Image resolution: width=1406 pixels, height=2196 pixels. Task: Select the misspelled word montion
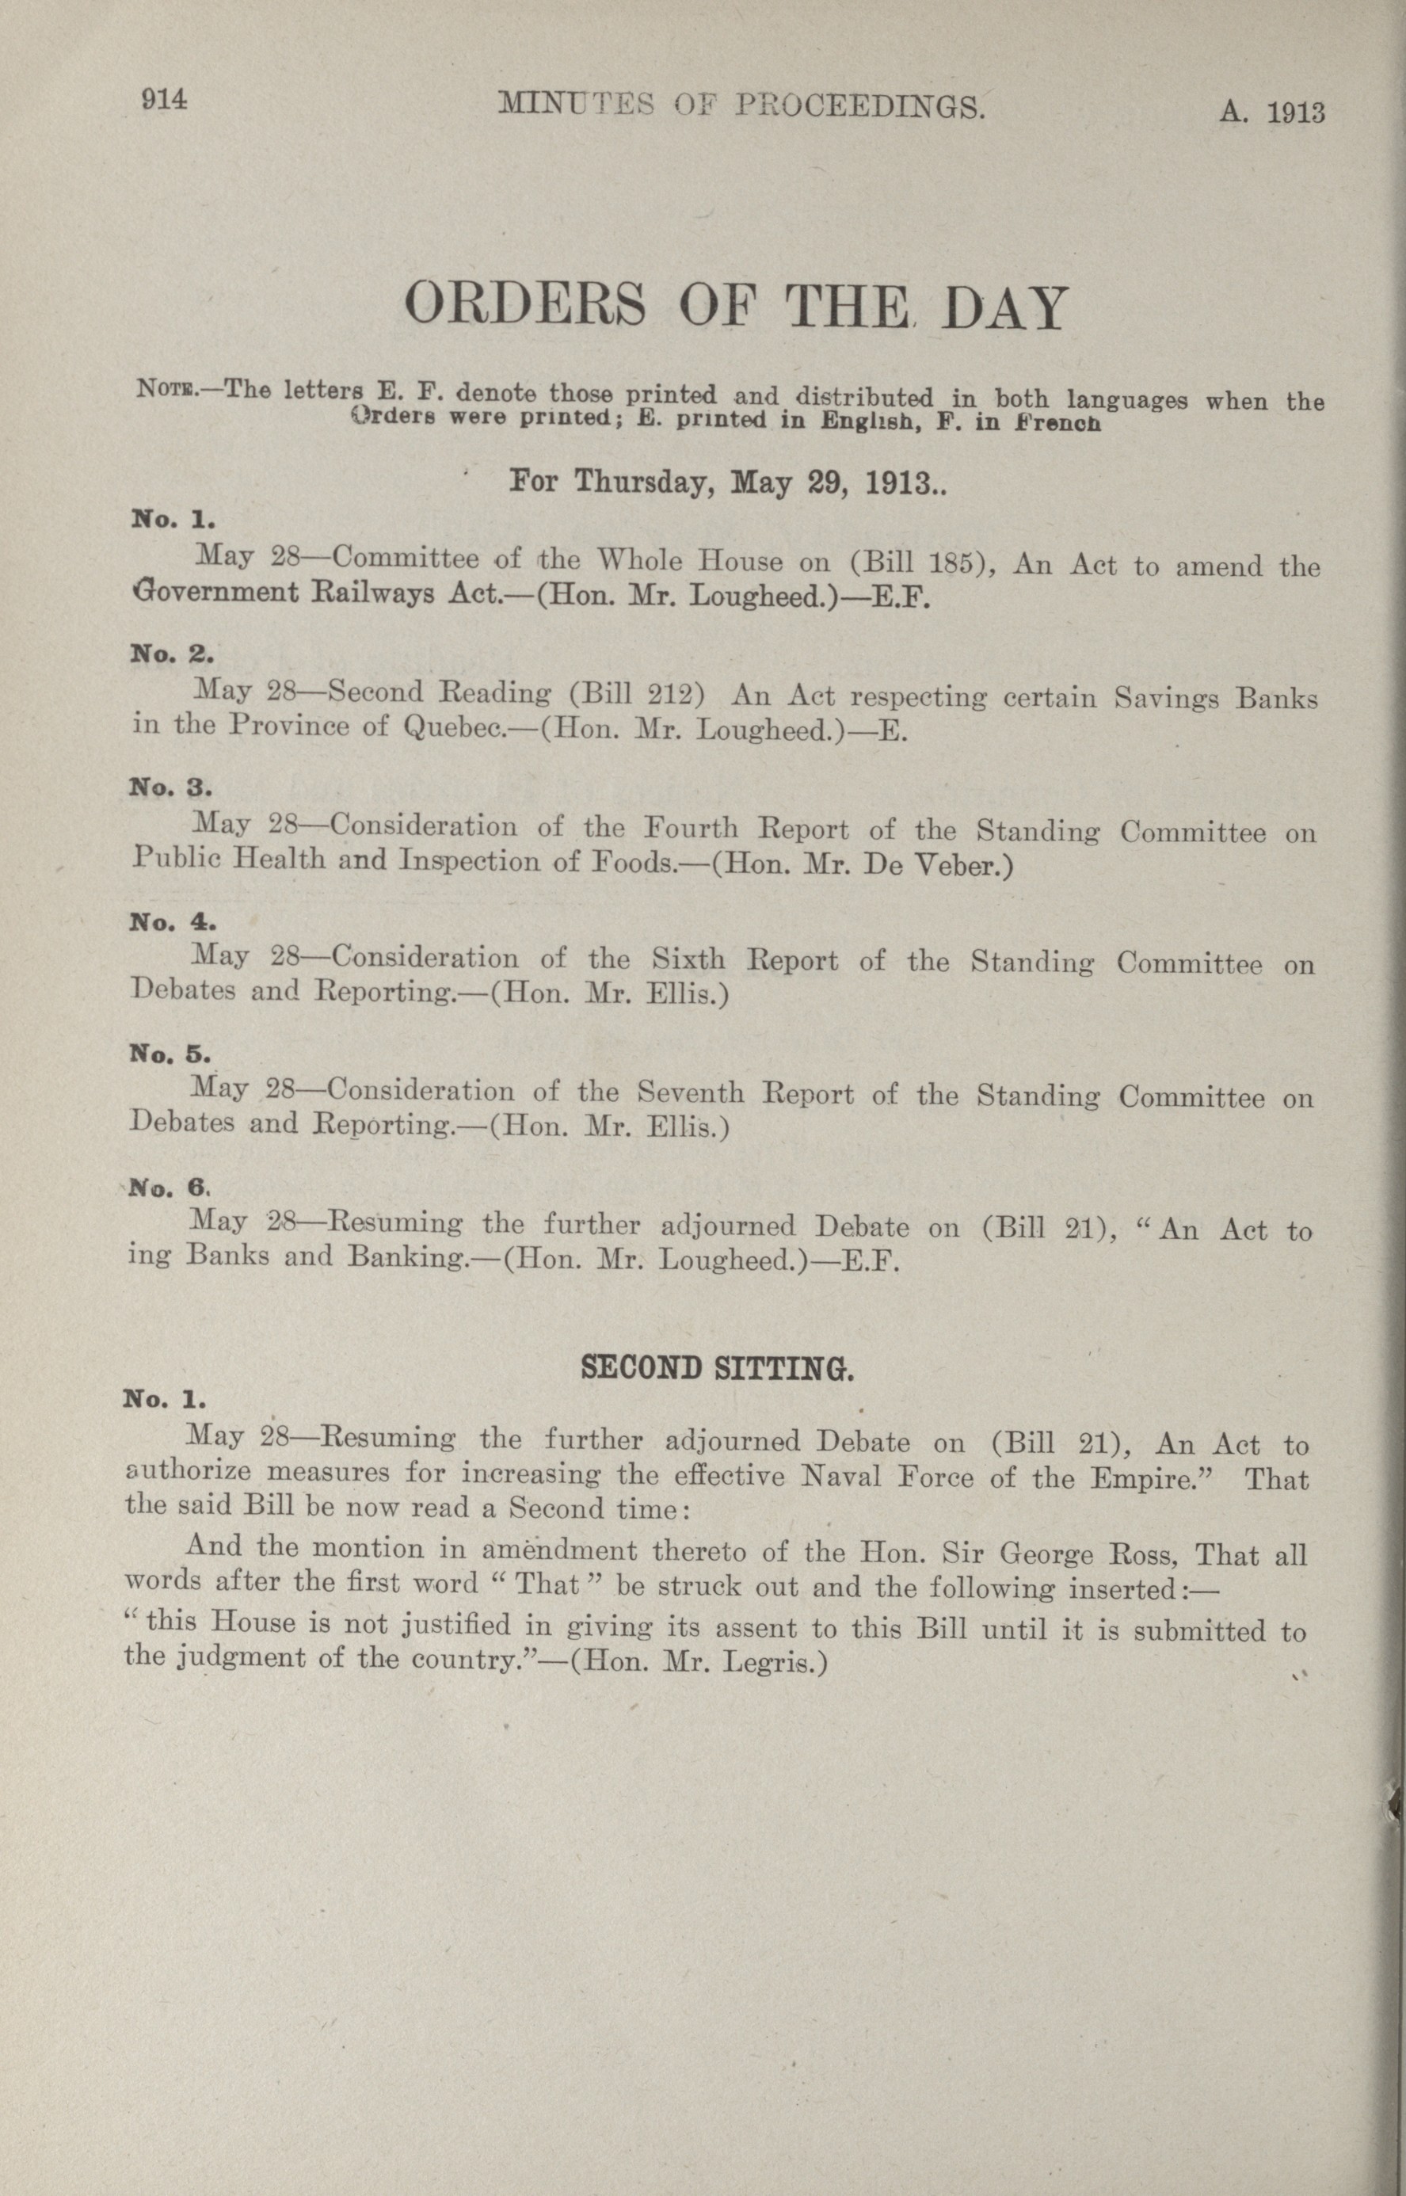(x=369, y=1550)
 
